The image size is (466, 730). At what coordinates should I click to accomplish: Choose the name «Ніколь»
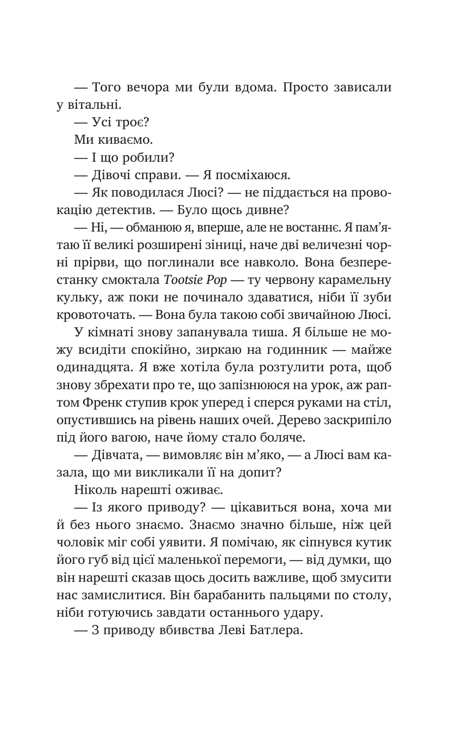93,490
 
